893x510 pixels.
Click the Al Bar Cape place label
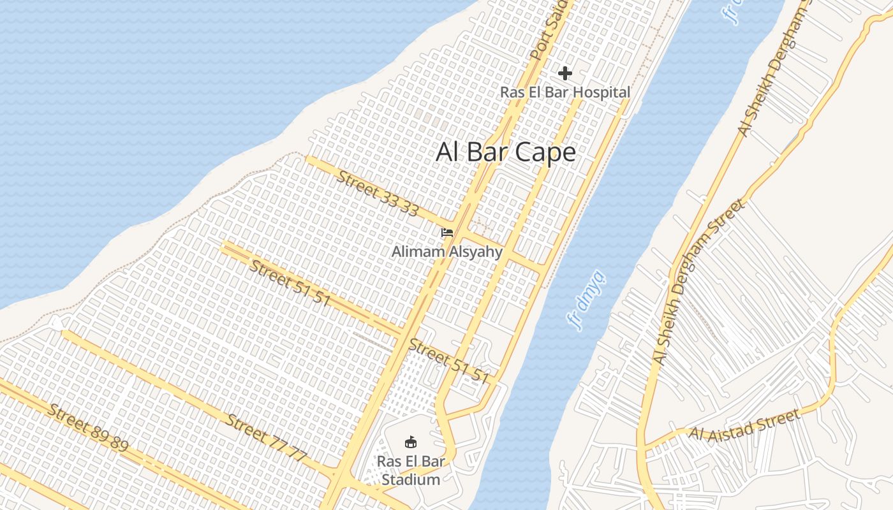point(506,152)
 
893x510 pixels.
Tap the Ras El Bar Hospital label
point(565,92)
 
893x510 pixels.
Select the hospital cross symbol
point(565,73)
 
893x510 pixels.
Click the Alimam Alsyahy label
point(447,252)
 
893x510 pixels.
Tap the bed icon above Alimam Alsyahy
point(447,233)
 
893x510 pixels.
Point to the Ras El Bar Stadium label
point(411,470)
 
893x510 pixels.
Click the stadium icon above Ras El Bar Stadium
point(411,441)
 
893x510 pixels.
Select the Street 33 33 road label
point(378,193)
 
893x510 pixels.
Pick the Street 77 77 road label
point(267,437)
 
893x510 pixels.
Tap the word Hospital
point(600,92)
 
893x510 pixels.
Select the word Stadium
point(411,479)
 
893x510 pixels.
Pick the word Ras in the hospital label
point(511,92)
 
